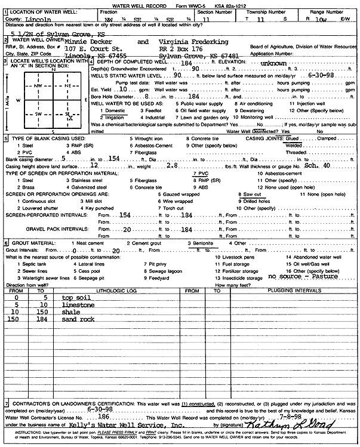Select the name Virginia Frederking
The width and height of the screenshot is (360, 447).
click(x=193, y=42)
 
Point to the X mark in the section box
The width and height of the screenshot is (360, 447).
click(x=71, y=118)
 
